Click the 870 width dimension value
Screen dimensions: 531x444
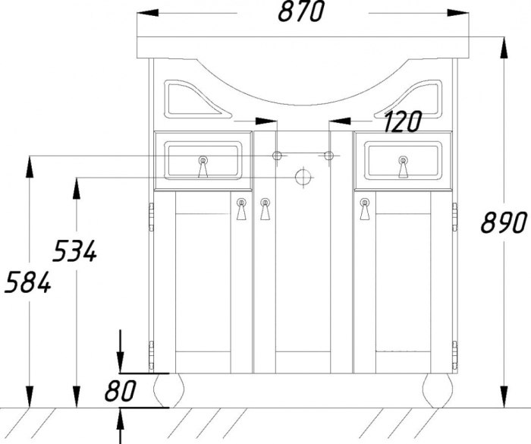tap(301, 12)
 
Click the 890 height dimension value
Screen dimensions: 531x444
tap(504, 222)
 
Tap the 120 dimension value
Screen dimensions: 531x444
tap(403, 121)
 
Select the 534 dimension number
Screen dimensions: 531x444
tap(75, 250)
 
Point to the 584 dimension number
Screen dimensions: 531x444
tap(28, 282)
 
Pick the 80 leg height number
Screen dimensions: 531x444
tap(120, 390)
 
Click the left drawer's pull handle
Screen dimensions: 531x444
tap(203, 167)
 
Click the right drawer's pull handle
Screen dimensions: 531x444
tap(403, 167)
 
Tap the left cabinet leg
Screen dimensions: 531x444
tap(168, 390)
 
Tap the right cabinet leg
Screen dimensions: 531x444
tap(438, 390)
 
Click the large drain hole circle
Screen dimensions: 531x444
tap(303, 177)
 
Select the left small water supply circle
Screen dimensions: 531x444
tap(277, 156)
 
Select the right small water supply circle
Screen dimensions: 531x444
tap(328, 156)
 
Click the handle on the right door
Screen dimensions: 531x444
tap(364, 209)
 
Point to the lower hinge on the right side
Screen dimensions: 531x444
tap(454, 355)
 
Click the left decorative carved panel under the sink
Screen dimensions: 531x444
tap(196, 99)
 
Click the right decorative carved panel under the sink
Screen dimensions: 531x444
tap(409, 99)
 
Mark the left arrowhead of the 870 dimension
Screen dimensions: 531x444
tap(148, 13)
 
